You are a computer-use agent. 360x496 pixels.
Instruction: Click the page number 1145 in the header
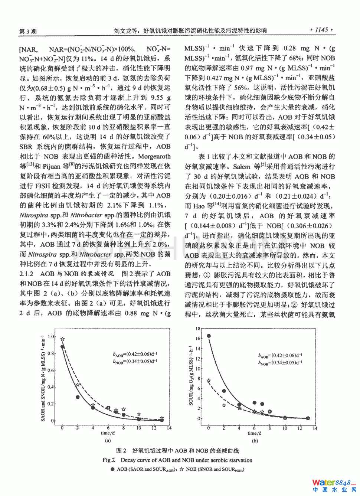[321, 30]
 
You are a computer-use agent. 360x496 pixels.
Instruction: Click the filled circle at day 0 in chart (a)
[62, 347]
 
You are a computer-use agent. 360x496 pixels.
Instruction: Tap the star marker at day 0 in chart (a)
[62, 339]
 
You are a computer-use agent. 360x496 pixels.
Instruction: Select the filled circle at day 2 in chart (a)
[78, 397]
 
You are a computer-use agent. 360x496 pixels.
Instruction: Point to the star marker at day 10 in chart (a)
[139, 414]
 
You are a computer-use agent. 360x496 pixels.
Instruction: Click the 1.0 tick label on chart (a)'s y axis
[51, 337]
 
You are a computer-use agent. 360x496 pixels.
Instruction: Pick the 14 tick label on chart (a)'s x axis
[169, 428]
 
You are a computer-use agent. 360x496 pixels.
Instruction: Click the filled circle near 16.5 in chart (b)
[209, 336]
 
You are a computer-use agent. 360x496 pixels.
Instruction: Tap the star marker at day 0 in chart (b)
[209, 381]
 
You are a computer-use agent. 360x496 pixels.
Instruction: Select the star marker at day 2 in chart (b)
[224, 405]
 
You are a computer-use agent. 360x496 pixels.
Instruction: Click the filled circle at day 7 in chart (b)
[262, 404]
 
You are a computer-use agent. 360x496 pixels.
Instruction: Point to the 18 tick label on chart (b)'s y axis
[198, 329]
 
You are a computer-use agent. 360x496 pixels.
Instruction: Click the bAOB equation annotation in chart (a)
[135, 355]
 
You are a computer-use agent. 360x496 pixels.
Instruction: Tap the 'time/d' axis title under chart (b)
[254, 433]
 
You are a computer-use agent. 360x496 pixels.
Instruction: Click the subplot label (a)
[108, 441]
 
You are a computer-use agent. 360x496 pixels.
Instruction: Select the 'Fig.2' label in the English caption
[109, 460]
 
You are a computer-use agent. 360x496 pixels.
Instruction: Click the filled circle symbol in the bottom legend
[112, 469]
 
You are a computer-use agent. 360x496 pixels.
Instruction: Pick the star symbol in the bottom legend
[181, 469]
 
